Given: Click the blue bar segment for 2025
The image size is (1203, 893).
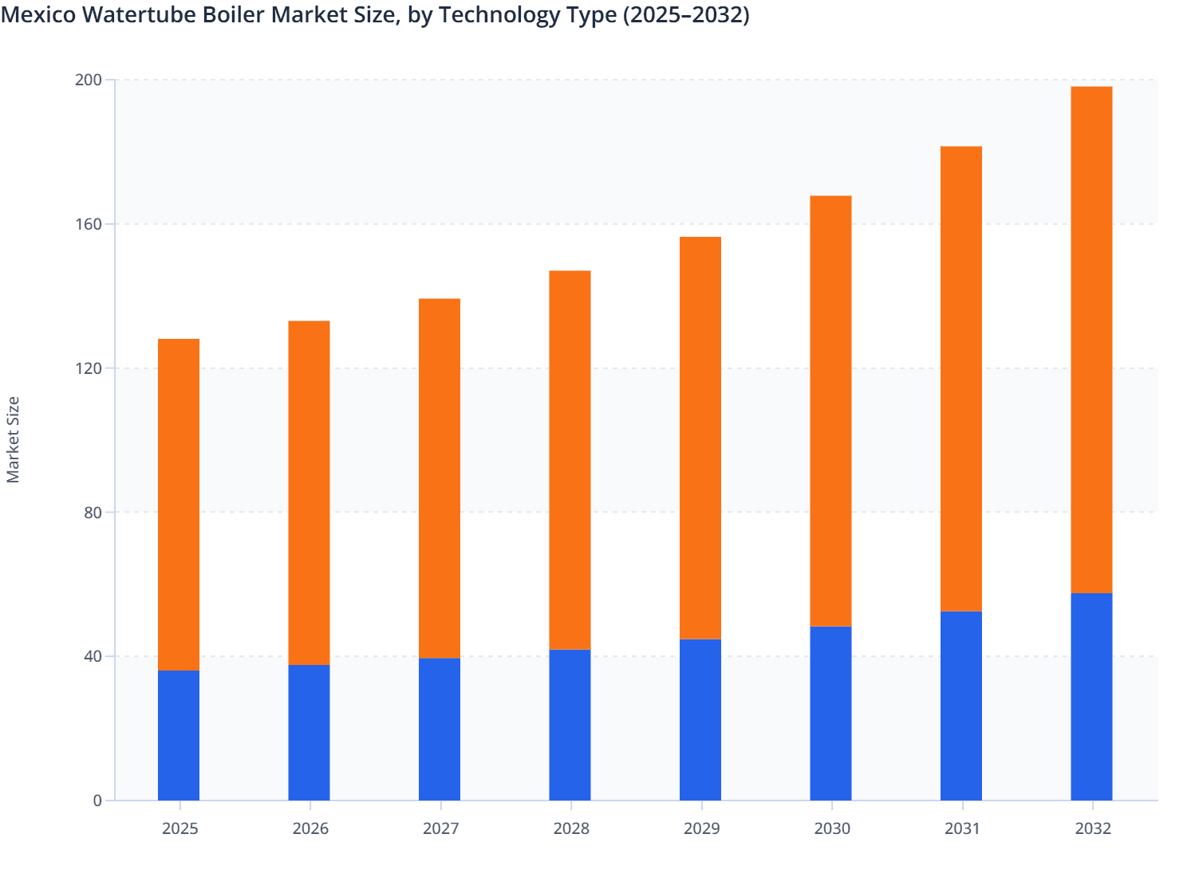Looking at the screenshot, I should (179, 735).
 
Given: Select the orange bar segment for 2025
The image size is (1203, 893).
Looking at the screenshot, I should (179, 505).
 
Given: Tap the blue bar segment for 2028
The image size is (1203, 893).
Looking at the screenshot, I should (570, 725).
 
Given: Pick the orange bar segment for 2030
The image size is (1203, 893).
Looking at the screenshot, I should (830, 411).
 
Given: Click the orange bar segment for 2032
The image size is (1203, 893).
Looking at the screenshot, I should (1091, 340).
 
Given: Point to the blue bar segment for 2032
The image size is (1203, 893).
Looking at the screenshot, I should (1091, 696).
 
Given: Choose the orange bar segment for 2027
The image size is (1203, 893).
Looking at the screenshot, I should (440, 478).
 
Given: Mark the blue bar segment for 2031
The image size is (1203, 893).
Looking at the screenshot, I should (961, 706).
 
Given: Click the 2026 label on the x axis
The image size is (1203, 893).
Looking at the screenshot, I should (310, 828).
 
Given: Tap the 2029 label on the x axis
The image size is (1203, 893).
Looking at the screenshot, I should (701, 828).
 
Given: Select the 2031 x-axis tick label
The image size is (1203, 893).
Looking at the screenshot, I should (962, 828).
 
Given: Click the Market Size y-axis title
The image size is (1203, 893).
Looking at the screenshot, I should (14, 439).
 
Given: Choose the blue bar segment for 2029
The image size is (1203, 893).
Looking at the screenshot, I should (700, 720).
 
